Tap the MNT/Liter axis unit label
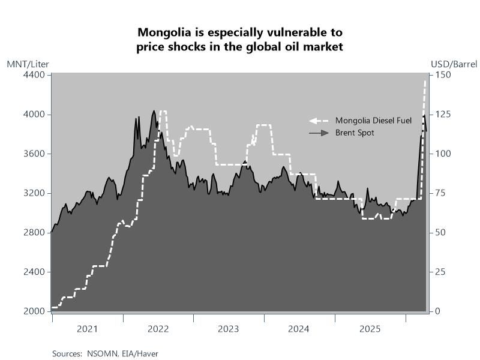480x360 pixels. (x=28, y=64)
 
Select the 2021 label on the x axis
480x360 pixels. (x=88, y=329)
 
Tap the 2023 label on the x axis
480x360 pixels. (x=229, y=329)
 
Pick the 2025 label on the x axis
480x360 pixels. (x=370, y=329)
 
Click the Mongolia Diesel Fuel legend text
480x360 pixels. (x=373, y=121)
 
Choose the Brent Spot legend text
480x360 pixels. (x=355, y=133)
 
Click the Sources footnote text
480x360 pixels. (x=105, y=353)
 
